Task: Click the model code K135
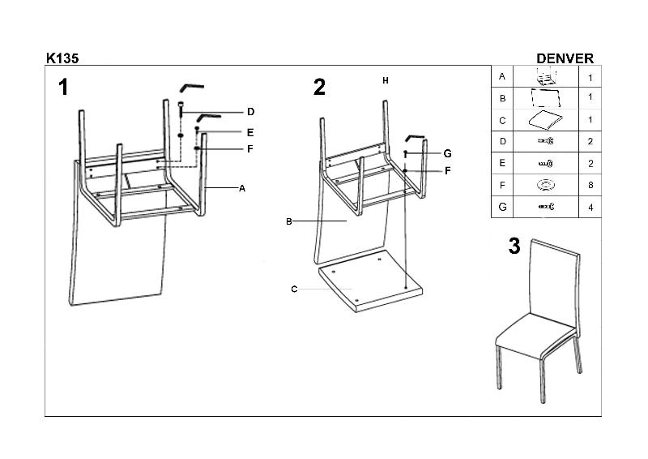click(x=62, y=58)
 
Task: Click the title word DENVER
click(x=565, y=58)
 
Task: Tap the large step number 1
click(x=63, y=88)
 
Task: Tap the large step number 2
click(x=319, y=88)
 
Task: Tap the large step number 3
click(x=514, y=247)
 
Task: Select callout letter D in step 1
click(x=251, y=112)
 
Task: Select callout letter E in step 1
click(x=251, y=132)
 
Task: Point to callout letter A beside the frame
click(x=241, y=188)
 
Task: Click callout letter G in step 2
click(x=447, y=153)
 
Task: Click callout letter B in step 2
click(x=288, y=221)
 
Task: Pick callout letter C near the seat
click(x=294, y=290)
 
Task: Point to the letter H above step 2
click(x=386, y=80)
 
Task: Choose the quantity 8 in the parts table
click(x=590, y=186)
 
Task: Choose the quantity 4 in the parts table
click(x=590, y=208)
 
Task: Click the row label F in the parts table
click(x=502, y=186)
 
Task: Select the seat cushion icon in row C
click(x=545, y=120)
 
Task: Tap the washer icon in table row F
click(x=545, y=186)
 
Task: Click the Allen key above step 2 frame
click(x=416, y=137)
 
